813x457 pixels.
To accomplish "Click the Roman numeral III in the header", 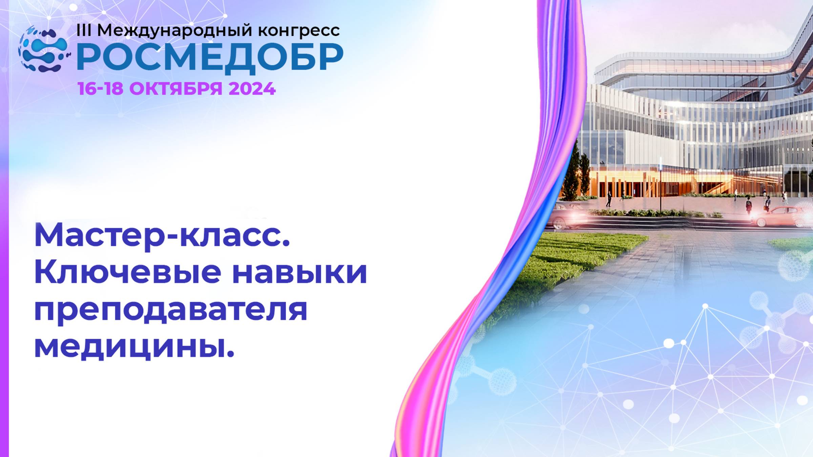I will (84, 30).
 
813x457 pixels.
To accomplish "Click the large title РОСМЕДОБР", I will (210, 58).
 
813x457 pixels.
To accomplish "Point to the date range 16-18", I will (100, 89).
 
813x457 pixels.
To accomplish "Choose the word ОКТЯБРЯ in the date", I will (176, 89).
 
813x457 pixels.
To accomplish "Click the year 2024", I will (252, 89).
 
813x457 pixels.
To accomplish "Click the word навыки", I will (299, 273).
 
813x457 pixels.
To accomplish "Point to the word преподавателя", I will (171, 310).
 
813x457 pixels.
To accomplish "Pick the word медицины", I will (134, 347).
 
